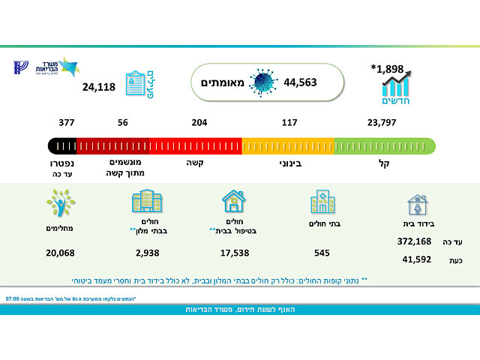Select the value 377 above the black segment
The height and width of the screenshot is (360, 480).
click(x=67, y=122)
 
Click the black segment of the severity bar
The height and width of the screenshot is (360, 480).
click(x=61, y=145)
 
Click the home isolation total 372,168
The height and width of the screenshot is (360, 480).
click(x=415, y=241)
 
